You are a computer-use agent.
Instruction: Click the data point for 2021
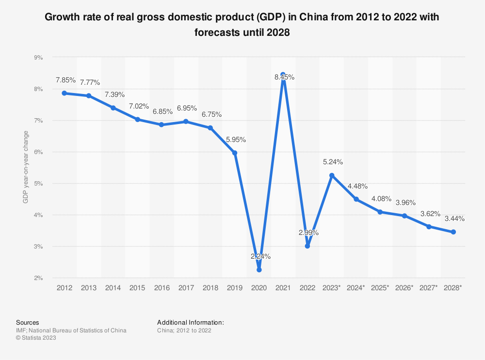(x=283, y=75)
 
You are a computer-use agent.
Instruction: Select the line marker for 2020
(x=259, y=270)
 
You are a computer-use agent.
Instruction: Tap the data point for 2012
(x=65, y=93)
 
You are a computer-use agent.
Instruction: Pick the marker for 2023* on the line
(x=332, y=175)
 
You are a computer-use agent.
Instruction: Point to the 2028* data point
(x=453, y=232)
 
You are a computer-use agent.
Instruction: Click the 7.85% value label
(x=65, y=79)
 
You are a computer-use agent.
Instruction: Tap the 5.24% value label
(x=332, y=162)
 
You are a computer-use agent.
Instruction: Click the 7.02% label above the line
(x=137, y=106)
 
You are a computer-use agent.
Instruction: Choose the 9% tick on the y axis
(x=38, y=57)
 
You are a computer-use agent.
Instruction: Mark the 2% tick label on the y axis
(x=38, y=278)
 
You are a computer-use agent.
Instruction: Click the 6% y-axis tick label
(x=38, y=152)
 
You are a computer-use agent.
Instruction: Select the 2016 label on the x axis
(x=162, y=288)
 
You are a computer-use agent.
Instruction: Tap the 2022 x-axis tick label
(x=307, y=288)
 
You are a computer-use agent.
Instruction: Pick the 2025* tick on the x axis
(x=380, y=288)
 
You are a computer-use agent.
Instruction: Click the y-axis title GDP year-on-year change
(x=25, y=167)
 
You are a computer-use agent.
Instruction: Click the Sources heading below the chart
(x=28, y=322)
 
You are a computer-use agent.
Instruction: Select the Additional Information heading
(x=191, y=322)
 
